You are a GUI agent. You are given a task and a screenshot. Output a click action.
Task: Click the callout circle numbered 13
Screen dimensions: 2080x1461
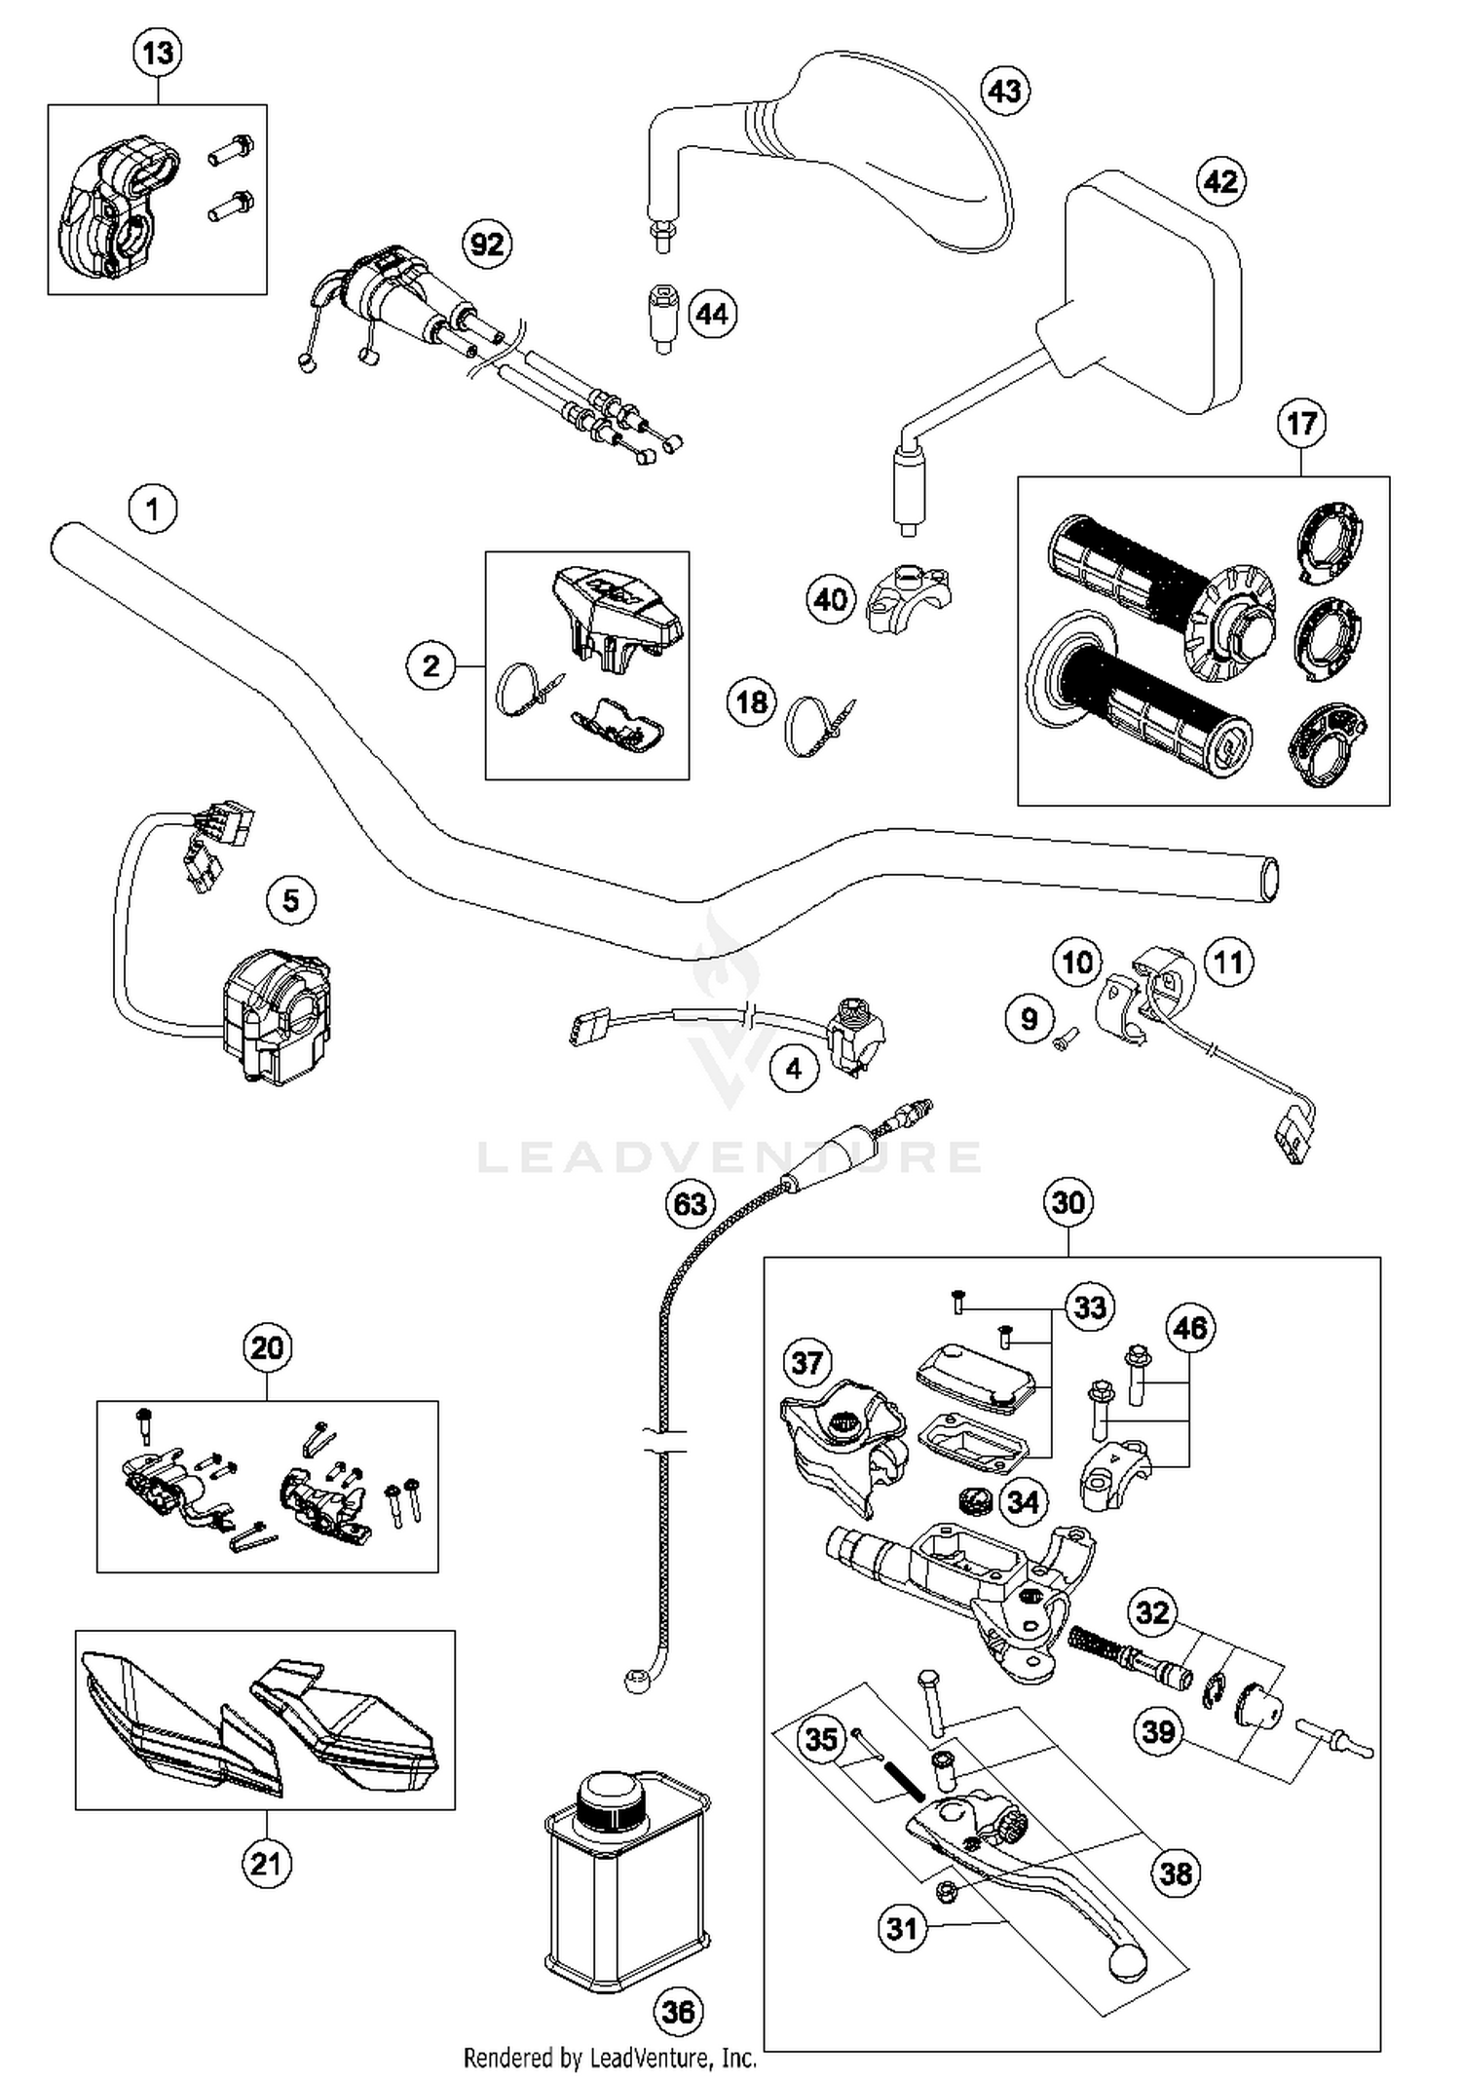pyautogui.click(x=157, y=52)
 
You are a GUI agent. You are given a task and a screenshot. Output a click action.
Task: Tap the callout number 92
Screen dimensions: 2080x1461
pyautogui.click(x=487, y=244)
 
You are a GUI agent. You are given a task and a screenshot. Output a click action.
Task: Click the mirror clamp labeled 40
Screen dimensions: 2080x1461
pyautogui.click(x=907, y=597)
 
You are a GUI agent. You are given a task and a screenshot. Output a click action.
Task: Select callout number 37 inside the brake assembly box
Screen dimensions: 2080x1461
pyautogui.click(x=807, y=1362)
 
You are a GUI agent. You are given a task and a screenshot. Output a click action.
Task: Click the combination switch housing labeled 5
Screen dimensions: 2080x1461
pyautogui.click(x=273, y=1018)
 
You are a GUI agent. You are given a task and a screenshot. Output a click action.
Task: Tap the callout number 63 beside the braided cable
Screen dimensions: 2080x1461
pyautogui.click(x=690, y=1204)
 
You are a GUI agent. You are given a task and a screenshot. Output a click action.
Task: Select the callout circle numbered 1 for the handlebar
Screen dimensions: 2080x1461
pyautogui.click(x=152, y=509)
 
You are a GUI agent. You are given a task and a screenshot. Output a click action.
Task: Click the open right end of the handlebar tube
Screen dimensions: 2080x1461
pyautogui.click(x=1268, y=879)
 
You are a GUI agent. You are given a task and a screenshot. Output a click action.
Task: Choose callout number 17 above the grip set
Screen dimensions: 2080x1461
pyautogui.click(x=1301, y=424)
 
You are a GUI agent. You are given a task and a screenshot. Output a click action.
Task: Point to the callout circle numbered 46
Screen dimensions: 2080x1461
pyautogui.click(x=1190, y=1328)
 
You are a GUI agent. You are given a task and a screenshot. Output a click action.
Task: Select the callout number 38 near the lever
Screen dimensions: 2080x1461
pyautogui.click(x=1176, y=1872)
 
